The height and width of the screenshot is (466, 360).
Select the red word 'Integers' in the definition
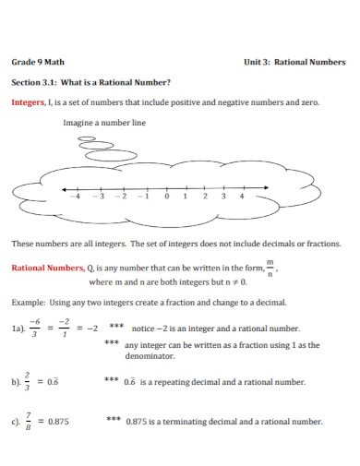[27, 103]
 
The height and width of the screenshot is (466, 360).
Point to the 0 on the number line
[167, 196]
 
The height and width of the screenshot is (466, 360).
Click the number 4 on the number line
[242, 196]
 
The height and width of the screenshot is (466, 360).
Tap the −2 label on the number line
[119, 196]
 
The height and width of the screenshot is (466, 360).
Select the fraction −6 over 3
[34, 328]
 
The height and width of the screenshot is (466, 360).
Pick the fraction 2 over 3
[31, 380]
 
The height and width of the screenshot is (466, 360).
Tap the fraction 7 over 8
[31, 422]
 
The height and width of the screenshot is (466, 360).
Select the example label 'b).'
[15, 381]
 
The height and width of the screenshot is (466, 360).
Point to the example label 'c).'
[15, 423]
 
